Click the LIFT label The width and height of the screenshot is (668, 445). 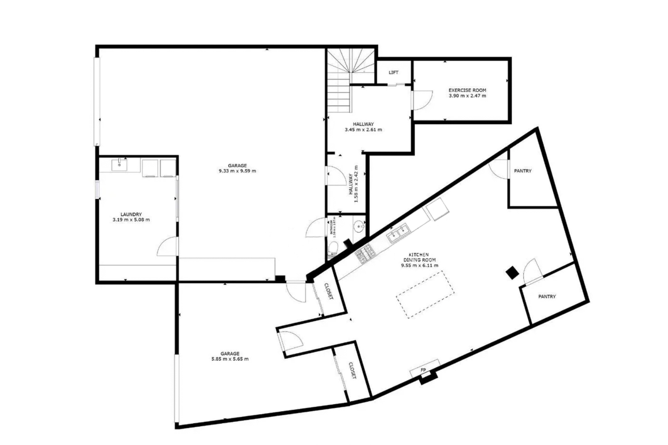[x=393, y=72]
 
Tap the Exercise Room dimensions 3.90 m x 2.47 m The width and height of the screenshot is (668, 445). [x=467, y=96]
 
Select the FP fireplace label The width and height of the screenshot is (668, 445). [x=423, y=370]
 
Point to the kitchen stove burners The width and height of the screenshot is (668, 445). [x=365, y=254]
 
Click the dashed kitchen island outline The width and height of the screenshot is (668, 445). [x=425, y=294]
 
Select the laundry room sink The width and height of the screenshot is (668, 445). [x=119, y=165]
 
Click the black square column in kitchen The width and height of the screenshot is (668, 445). [x=513, y=273]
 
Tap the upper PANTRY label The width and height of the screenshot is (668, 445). [x=523, y=171]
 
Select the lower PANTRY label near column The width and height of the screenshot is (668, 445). [x=547, y=297]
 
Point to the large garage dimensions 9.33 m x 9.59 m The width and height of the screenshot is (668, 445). [x=237, y=171]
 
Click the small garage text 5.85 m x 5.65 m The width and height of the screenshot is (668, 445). [x=230, y=359]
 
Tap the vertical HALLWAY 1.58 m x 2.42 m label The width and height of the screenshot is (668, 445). [x=353, y=189]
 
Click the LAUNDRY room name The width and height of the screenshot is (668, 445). [x=131, y=214]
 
